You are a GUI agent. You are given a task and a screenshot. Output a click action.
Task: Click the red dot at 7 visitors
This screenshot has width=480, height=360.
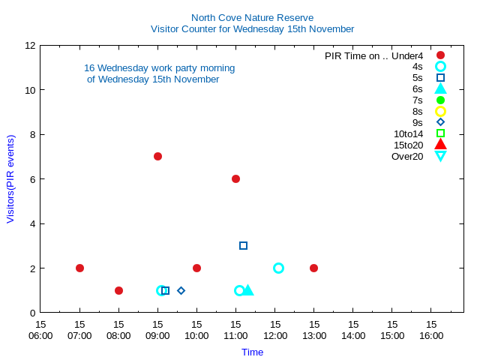[x=157, y=156]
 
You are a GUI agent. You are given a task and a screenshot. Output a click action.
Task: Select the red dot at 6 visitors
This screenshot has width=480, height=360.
[x=235, y=178]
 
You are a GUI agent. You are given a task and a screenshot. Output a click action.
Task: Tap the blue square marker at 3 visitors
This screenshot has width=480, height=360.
[x=243, y=245]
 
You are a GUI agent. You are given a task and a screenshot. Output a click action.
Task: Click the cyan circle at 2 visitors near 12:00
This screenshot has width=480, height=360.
[x=278, y=268]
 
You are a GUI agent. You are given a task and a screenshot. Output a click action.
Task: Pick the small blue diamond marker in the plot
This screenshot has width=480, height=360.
[x=181, y=290]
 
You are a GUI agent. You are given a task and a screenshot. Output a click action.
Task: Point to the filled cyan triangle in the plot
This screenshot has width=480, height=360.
[x=248, y=289]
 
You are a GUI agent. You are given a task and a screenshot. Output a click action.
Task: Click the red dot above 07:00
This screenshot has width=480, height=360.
[x=79, y=268]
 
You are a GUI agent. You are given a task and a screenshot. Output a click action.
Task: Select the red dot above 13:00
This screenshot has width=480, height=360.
[x=313, y=268]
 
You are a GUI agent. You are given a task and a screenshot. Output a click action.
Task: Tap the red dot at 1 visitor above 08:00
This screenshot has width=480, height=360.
[x=118, y=290]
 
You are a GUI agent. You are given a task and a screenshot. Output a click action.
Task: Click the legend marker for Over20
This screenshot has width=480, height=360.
[x=440, y=156]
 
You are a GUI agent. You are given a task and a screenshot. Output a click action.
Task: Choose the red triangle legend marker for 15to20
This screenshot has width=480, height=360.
[x=440, y=144]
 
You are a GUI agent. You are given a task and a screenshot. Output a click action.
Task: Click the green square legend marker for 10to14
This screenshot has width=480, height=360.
[x=440, y=133]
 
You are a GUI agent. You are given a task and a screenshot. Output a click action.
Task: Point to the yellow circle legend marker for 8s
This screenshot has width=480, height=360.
[x=440, y=111]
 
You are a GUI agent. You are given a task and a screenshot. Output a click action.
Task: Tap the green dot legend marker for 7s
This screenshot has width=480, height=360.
[x=440, y=100]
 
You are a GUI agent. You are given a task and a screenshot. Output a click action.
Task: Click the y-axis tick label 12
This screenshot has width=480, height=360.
[x=31, y=45]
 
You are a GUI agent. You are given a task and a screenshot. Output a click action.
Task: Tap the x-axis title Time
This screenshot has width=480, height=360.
[x=252, y=352]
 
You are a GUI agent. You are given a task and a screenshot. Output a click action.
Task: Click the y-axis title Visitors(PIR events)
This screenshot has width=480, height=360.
[x=10, y=178]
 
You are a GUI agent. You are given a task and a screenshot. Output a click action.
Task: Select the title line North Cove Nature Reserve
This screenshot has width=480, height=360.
[x=252, y=17]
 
